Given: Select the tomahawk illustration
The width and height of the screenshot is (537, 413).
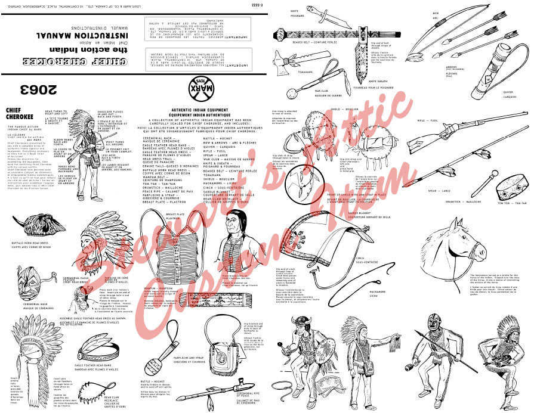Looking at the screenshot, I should tap(289, 59).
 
